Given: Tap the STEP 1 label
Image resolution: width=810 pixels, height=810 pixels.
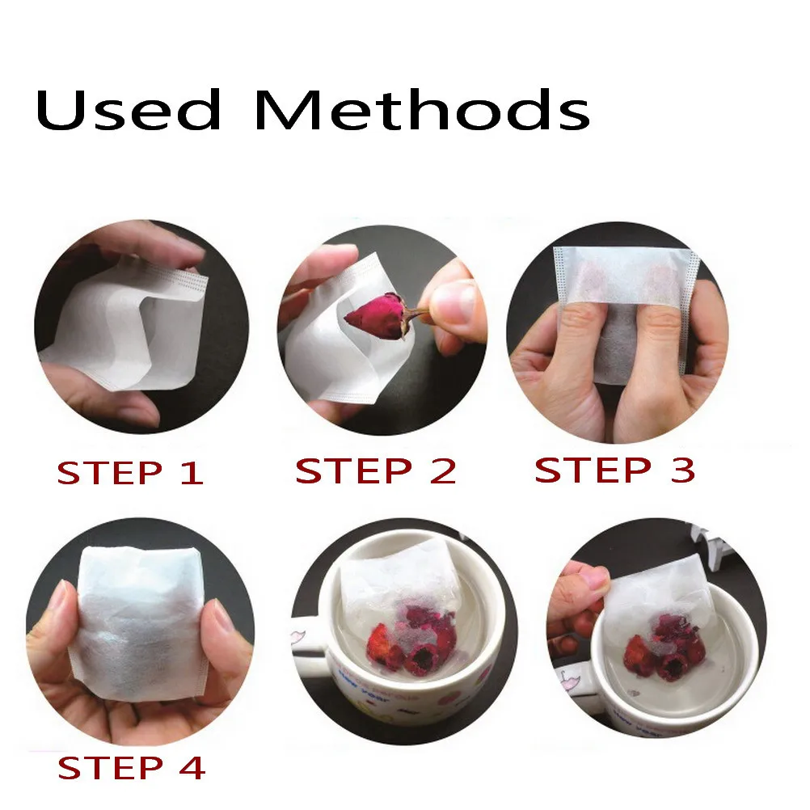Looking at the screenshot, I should click(x=129, y=473).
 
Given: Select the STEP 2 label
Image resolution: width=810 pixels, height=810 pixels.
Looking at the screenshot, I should click(x=376, y=470).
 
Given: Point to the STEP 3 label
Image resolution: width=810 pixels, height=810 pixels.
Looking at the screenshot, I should click(x=614, y=470).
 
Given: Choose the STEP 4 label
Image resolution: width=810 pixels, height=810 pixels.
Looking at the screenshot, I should click(x=131, y=767).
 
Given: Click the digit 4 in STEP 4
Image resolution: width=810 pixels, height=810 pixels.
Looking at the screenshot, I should click(x=192, y=767).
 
